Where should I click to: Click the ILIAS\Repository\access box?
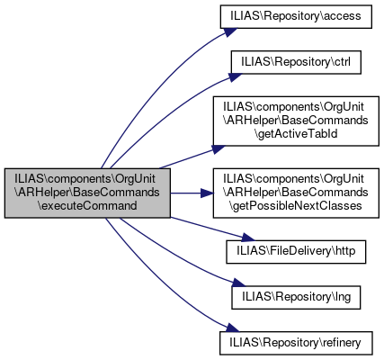point(296,16)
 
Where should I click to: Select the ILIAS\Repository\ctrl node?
point(296,62)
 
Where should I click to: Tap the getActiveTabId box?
point(296,121)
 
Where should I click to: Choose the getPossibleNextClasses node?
point(296,193)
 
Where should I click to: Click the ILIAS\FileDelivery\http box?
point(296,252)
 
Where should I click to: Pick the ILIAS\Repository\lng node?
point(296,297)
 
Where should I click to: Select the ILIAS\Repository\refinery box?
point(296,343)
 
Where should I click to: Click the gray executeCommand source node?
point(87,193)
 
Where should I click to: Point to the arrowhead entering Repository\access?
point(229,31)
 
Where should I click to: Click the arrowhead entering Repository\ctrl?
point(235,76)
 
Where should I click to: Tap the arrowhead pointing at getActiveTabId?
point(219,149)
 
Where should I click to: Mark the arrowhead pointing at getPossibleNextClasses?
point(207,193)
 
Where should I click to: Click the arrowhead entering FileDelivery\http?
point(247,238)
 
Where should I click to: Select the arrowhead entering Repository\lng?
point(238,283)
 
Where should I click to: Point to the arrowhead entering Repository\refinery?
point(232,328)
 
